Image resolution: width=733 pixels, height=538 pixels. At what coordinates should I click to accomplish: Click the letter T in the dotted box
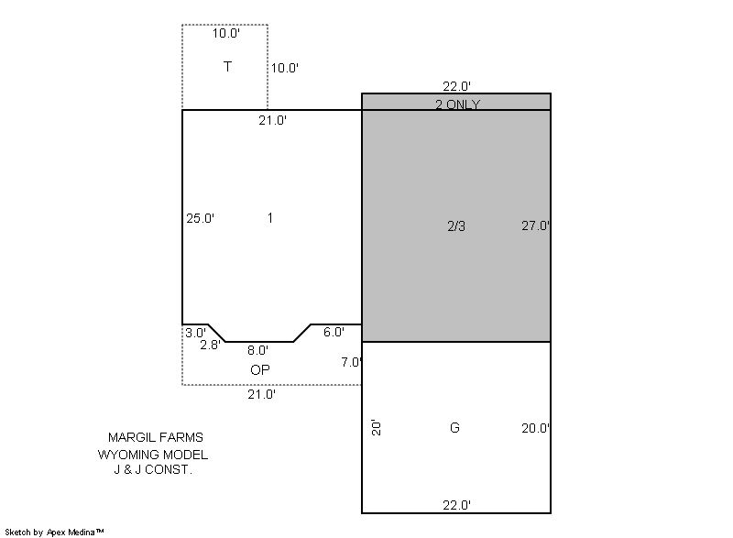pos(227,67)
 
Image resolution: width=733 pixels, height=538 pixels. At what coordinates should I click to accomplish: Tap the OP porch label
pos(260,369)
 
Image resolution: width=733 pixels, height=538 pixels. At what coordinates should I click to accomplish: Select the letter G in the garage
pos(454,427)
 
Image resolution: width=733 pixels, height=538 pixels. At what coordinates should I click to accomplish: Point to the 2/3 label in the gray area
pos(456,226)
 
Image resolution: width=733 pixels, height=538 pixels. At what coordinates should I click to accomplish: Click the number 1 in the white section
pos(270,218)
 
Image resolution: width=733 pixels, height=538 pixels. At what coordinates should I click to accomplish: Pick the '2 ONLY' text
pos(457,104)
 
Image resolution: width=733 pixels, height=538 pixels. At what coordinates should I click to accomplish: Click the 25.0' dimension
pos(200,218)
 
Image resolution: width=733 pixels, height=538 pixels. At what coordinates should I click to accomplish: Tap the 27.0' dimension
pos(535,225)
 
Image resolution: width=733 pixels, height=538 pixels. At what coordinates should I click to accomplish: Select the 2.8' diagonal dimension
pos(210,345)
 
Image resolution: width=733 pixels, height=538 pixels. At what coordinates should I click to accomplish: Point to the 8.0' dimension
pos(257,350)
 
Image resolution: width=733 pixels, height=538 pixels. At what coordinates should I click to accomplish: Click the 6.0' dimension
pos(334,332)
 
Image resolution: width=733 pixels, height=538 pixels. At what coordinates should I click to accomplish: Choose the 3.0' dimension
pos(195,333)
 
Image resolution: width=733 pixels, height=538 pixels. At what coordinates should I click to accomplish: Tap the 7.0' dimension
pos(352,362)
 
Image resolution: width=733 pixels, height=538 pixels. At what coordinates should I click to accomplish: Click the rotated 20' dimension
pos(377,427)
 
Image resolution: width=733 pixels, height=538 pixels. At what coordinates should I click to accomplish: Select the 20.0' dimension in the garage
pos(535,428)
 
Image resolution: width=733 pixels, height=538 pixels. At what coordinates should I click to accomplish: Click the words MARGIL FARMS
pos(156,437)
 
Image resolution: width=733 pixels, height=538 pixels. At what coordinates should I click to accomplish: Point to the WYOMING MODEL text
pos(153,455)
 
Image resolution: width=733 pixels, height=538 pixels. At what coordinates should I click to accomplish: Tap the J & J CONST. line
pos(153,469)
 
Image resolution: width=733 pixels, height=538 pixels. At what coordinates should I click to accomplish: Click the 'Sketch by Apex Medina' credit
pos(55,532)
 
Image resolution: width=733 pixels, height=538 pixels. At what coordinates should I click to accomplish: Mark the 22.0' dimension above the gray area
pos(456,86)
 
